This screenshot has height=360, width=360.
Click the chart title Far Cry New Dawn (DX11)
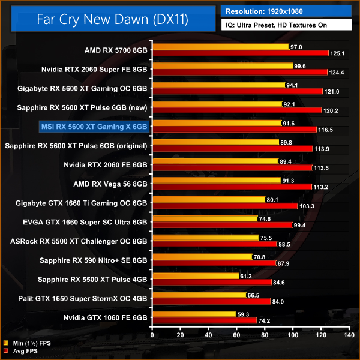(x=112, y=20)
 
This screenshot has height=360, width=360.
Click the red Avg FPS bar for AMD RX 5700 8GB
(x=240, y=53)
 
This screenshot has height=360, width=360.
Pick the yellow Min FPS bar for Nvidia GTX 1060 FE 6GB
(x=194, y=314)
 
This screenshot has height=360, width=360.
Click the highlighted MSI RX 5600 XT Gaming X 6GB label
(x=94, y=127)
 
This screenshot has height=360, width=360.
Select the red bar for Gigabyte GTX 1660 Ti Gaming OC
(x=226, y=206)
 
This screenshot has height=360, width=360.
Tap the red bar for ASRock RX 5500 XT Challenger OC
(x=214, y=244)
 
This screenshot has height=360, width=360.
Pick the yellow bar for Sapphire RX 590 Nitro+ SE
(x=202, y=257)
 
